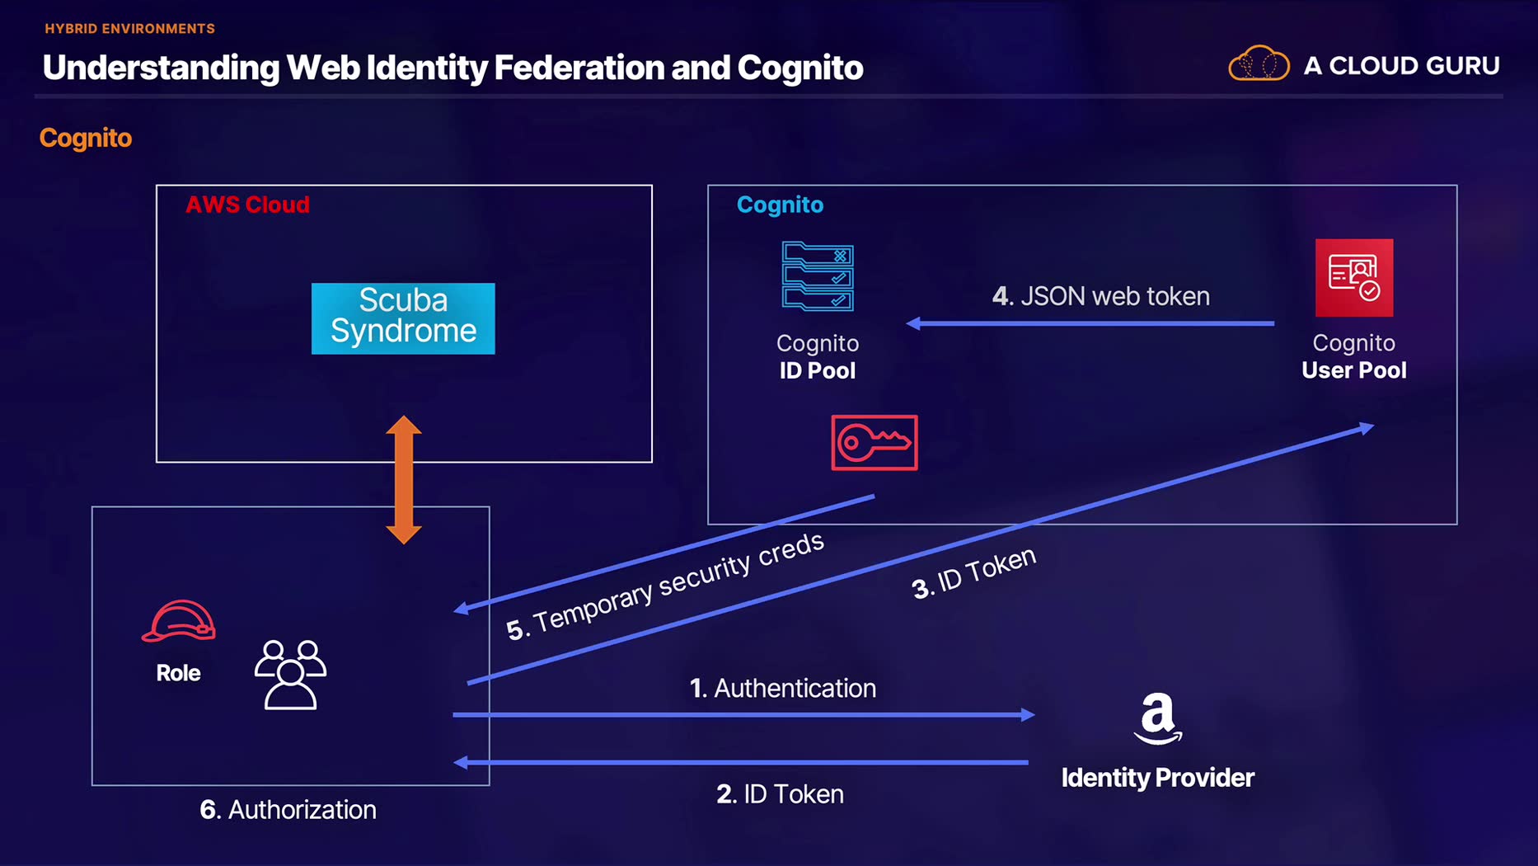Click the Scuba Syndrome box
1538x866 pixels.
(x=403, y=318)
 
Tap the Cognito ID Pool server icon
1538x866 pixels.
(x=817, y=276)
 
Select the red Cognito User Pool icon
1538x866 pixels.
(x=1353, y=278)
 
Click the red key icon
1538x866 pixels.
(x=874, y=443)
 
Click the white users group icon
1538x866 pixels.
(x=290, y=674)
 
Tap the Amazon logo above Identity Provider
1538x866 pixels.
(x=1157, y=718)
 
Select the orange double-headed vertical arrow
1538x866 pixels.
(x=404, y=480)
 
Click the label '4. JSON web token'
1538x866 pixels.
(x=1100, y=296)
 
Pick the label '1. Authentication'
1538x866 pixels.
(x=782, y=688)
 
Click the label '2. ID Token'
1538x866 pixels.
(x=780, y=793)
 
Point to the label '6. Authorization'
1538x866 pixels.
(x=288, y=809)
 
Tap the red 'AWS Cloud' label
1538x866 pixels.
(x=247, y=205)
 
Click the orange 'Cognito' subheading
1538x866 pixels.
(x=86, y=138)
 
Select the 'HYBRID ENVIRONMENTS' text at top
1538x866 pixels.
(x=129, y=29)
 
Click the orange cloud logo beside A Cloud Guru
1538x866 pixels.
(x=1259, y=64)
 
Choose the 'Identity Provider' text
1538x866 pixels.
(x=1157, y=777)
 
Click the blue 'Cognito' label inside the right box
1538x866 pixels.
(x=780, y=205)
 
